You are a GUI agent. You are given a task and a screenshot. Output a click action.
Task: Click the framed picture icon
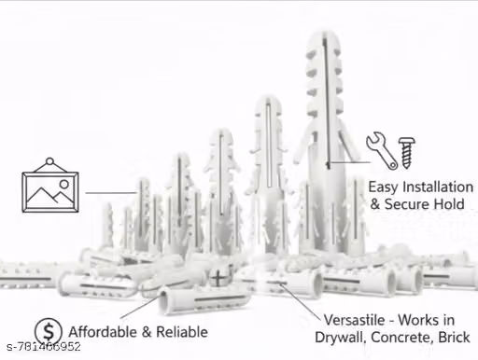[50, 186]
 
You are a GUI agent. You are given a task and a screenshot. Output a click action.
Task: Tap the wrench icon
[382, 150]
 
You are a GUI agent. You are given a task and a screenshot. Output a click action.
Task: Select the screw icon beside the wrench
[407, 153]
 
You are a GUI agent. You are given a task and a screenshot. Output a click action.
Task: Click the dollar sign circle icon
[49, 331]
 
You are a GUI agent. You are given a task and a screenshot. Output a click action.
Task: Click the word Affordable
[103, 332]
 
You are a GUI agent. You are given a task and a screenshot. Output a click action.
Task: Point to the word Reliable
[182, 332]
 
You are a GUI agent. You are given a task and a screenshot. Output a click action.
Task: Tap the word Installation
[438, 187]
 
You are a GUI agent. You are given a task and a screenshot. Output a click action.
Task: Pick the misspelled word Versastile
[354, 320]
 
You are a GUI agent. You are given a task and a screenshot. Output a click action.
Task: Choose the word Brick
[454, 338]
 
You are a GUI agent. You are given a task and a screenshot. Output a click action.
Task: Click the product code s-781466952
[44, 347]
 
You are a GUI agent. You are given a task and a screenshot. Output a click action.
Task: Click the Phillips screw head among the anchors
[220, 277]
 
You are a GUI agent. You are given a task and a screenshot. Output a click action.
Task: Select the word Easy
[383, 187]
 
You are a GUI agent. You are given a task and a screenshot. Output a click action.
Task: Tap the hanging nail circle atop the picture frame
[49, 162]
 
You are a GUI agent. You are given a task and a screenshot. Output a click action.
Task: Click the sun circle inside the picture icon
[64, 185]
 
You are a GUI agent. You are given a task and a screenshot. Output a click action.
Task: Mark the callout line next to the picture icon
[111, 193]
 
